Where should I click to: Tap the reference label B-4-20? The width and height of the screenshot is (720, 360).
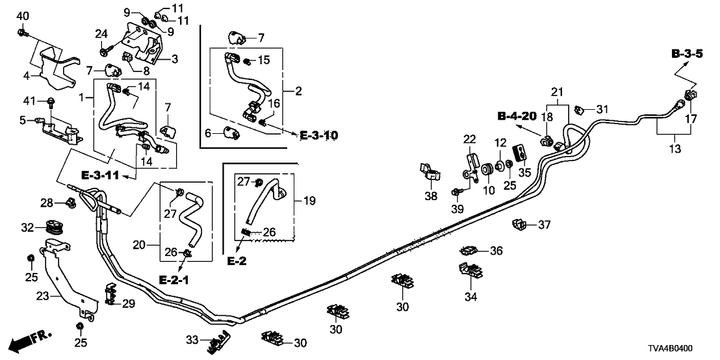(x=518, y=116)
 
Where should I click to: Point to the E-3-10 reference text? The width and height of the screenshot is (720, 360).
(x=319, y=135)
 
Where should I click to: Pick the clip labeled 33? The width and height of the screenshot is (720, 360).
(x=219, y=341)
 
